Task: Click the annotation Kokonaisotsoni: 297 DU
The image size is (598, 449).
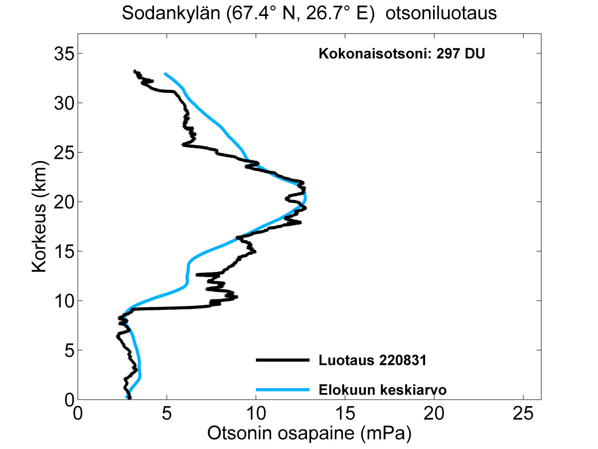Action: coord(401,54)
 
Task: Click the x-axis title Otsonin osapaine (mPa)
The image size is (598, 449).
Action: coord(309,434)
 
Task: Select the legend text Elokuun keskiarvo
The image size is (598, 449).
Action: coord(382,390)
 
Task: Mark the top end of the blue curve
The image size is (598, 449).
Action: coord(165,74)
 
